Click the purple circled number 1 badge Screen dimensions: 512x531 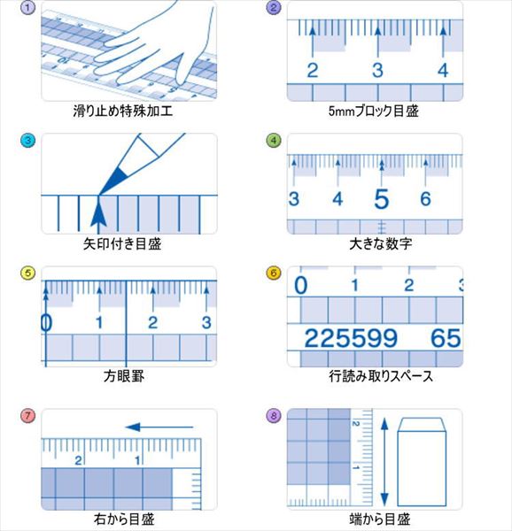pos(27,7)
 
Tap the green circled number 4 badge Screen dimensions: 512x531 pos(274,140)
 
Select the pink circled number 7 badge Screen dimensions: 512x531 pos(27,416)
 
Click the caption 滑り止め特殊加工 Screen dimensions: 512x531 pos(123,112)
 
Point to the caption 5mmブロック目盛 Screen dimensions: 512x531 pos(374,112)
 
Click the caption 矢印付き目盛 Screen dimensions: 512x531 pos(122,244)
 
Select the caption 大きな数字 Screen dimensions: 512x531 pos(381,244)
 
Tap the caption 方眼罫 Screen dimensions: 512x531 pos(124,376)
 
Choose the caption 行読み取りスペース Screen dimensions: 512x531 pos(381,376)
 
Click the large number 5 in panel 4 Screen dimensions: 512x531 pos(382,199)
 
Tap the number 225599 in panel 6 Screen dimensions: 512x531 pos(351,338)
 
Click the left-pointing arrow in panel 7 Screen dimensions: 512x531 pos(159,427)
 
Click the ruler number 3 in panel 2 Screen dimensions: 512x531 pos(377,71)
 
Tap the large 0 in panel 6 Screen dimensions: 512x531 pos(300,285)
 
